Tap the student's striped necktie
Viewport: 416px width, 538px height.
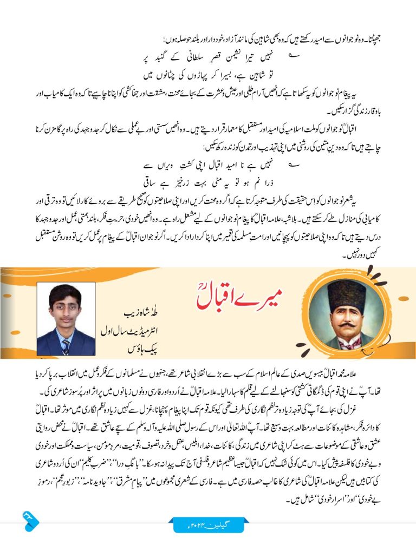click(x=66, y=346)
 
